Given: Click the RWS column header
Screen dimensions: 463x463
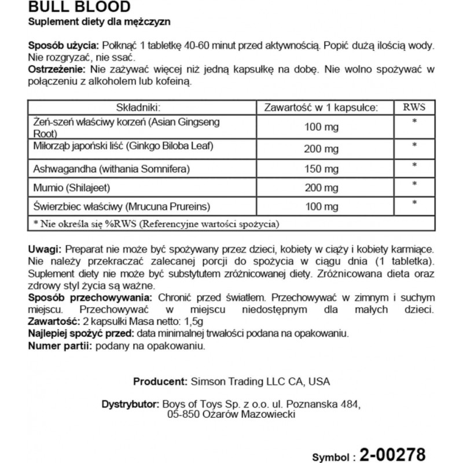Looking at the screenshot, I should (413, 107).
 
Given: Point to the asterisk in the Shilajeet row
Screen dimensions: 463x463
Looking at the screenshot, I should (414, 185).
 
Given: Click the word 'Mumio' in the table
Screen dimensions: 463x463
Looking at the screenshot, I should (45, 187).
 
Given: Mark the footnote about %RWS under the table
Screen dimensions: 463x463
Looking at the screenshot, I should (156, 223).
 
